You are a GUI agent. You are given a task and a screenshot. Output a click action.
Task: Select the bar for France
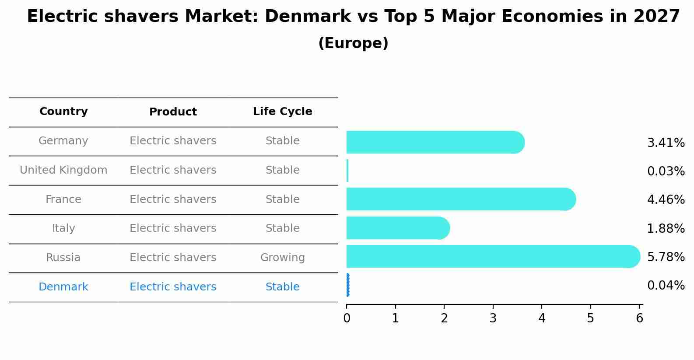459,199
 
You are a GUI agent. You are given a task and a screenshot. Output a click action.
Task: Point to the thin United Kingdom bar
347,171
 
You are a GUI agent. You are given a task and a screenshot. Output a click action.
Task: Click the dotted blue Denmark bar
348,285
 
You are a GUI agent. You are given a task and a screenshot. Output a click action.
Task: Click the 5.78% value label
666,257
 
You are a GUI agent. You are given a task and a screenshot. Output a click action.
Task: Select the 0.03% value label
666,171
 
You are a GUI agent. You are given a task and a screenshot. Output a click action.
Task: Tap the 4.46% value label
666,200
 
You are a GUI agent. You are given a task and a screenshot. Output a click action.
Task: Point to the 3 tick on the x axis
493,318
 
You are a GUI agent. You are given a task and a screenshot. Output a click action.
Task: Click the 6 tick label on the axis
639,318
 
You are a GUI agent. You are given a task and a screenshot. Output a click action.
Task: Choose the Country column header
63,112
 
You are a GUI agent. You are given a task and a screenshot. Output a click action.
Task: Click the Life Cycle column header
282,112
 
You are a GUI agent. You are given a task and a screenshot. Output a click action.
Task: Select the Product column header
173,112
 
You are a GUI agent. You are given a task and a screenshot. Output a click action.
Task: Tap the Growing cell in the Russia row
282,258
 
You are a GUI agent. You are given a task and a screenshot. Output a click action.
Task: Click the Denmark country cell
63,287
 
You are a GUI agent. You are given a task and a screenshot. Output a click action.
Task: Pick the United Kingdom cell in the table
63,170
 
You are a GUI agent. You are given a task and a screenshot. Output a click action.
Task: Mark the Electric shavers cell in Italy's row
173,228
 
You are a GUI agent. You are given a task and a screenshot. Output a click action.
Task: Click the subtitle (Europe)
353,43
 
